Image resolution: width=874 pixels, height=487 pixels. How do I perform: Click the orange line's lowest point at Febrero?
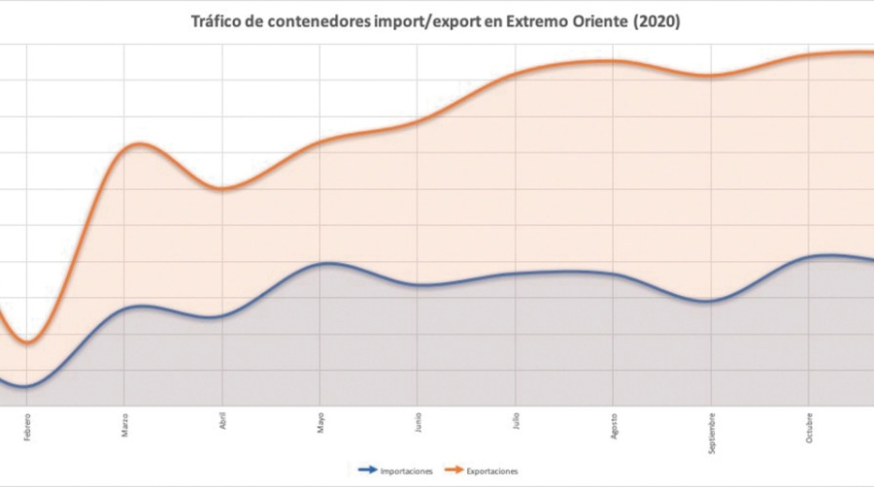click(28, 342)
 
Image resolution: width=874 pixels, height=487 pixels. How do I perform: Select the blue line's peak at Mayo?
click(328, 263)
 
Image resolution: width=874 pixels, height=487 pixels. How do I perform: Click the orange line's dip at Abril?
click(223, 189)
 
